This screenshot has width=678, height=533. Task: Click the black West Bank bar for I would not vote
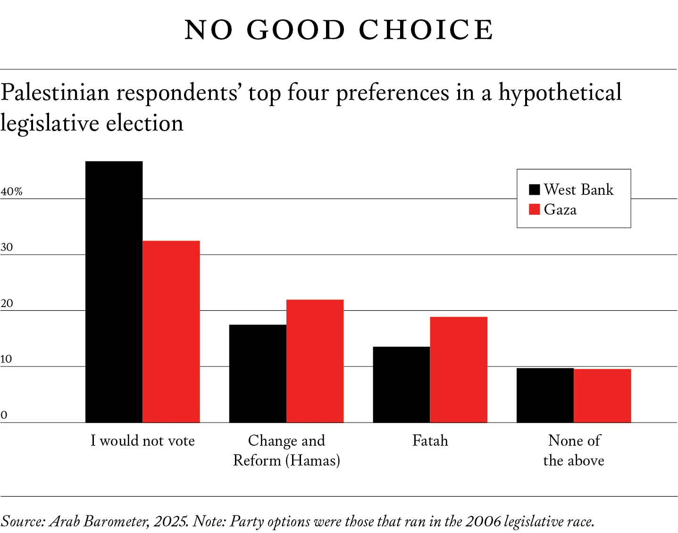[114, 291]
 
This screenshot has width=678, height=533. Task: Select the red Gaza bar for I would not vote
[171, 332]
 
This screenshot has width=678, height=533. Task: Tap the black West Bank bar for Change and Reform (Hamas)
[258, 373]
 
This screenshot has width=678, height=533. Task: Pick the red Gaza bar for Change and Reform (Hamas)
[315, 361]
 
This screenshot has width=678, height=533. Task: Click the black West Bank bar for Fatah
[402, 384]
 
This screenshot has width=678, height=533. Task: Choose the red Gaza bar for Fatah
[459, 369]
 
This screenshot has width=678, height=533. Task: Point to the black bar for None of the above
[545, 395]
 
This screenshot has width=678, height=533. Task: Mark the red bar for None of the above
[603, 396]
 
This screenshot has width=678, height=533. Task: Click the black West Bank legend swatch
[535, 190]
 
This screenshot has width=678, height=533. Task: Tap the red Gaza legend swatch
[535, 209]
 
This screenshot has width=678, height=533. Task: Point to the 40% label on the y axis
[11, 191]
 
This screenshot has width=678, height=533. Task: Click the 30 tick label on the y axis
[7, 247]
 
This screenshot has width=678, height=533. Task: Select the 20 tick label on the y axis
[7, 303]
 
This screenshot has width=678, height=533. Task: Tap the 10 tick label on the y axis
[6, 359]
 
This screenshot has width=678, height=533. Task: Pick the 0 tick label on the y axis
[4, 415]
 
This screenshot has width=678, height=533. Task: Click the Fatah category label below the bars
[430, 441]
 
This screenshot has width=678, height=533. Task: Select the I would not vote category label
[142, 441]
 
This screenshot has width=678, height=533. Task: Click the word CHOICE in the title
[426, 30]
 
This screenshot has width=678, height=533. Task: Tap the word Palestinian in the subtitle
[55, 92]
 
